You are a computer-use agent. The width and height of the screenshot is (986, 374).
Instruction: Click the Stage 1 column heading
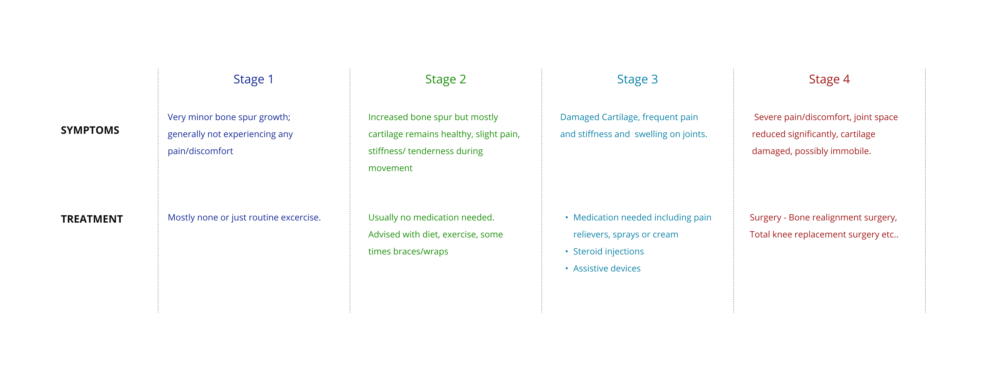point(253,79)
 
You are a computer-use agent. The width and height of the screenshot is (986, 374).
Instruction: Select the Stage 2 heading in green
point(446,79)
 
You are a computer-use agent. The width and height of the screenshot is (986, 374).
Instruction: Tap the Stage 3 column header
point(637,79)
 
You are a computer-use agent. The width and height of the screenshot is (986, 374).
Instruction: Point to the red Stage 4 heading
point(829,79)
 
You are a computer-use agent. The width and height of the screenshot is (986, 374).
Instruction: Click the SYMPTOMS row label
point(90,130)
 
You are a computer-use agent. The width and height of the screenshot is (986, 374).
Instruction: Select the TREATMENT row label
point(92,219)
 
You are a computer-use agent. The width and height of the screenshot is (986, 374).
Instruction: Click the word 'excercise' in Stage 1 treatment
point(300,217)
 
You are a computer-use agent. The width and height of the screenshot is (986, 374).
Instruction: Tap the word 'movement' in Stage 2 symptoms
point(390,168)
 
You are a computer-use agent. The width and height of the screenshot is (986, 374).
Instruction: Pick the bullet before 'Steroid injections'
point(566,251)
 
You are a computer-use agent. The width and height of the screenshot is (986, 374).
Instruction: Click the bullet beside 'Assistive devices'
point(566,269)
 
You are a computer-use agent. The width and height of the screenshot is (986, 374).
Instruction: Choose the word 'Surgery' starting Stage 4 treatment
point(765,217)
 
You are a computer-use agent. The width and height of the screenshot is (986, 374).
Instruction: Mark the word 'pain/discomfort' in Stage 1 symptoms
point(200,151)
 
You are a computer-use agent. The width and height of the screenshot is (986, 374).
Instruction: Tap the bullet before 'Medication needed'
point(566,217)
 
